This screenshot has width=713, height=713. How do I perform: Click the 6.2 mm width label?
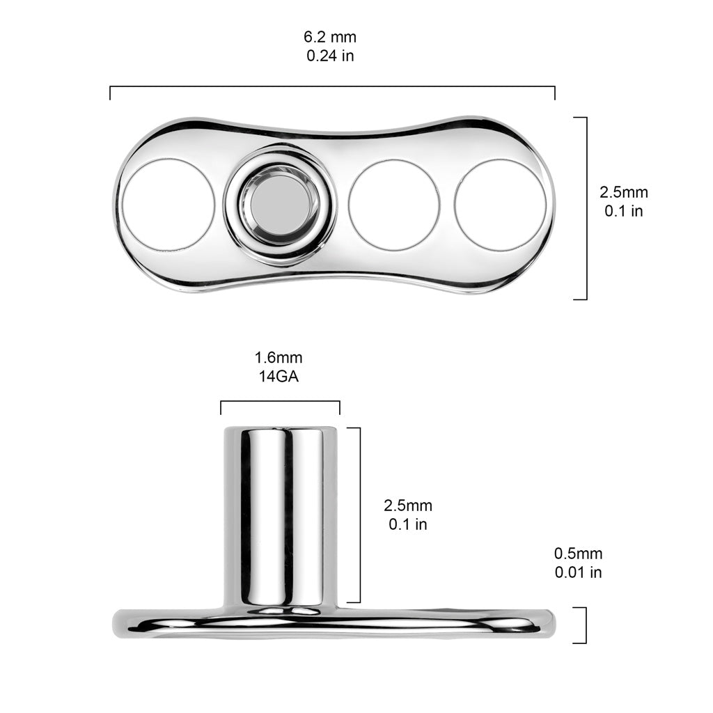point(331,38)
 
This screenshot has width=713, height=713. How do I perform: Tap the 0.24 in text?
point(331,56)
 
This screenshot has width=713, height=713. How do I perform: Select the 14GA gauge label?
point(279,377)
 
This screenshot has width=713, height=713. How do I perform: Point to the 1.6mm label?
point(279,358)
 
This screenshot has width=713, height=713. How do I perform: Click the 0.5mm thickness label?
point(578,554)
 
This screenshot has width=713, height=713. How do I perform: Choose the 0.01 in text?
point(578,572)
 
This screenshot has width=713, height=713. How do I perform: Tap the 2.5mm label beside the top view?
point(623,192)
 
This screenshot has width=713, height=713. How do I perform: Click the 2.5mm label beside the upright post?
point(408,506)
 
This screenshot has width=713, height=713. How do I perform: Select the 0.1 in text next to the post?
point(408,524)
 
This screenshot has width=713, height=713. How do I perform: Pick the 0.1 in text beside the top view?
point(623,211)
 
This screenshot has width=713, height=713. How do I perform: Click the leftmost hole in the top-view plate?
point(169,205)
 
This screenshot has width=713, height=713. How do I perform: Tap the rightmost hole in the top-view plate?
point(500,205)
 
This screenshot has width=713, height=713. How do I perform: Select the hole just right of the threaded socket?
point(394,205)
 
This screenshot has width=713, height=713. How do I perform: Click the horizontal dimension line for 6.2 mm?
point(332,87)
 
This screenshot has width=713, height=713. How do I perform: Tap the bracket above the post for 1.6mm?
point(280,402)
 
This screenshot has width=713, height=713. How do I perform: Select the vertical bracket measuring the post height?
point(359,515)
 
